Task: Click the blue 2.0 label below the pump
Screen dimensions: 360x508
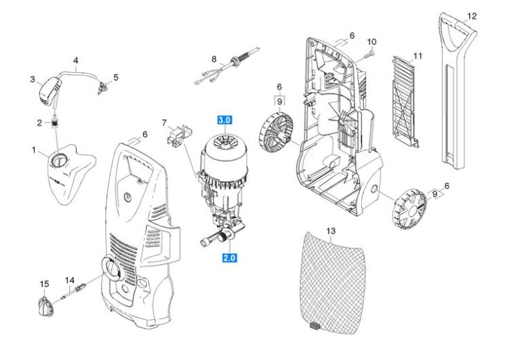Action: pos(229,258)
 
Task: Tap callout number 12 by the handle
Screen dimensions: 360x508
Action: pos(471,15)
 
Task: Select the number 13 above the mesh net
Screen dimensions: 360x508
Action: pos(330,229)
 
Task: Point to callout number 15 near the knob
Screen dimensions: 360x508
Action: pos(44,285)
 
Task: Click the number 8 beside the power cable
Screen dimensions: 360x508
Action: pos(214,58)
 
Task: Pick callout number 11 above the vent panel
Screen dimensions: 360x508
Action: pos(417,54)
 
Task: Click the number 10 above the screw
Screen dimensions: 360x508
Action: pos(371,42)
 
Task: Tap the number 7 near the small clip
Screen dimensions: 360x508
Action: pos(164,123)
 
